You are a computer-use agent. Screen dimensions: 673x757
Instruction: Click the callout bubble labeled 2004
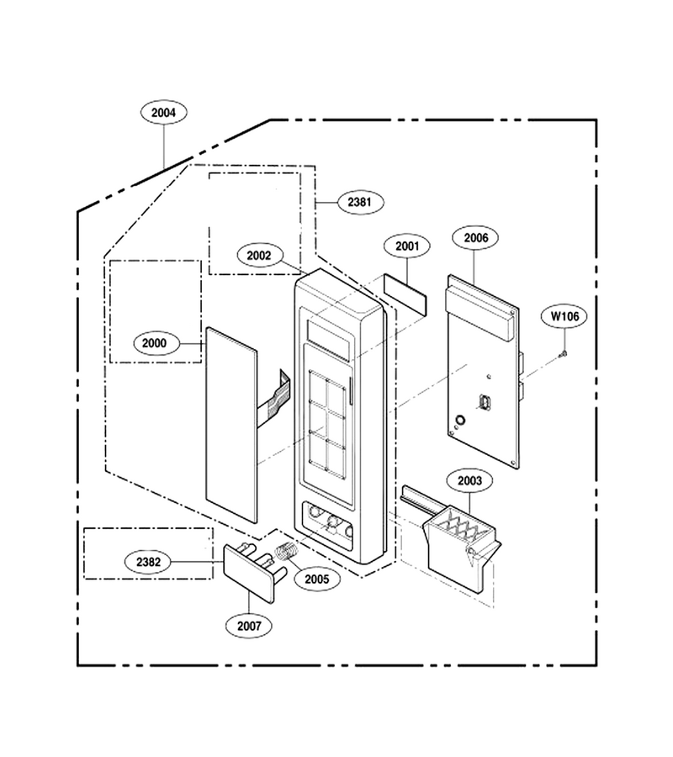pos(164,113)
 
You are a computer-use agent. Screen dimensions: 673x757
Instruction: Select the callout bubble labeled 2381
pos(360,202)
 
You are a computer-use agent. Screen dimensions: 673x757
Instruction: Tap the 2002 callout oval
pos(259,256)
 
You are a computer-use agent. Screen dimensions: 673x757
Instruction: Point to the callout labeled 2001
pos(407,246)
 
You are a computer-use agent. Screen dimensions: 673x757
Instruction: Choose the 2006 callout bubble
pos(476,237)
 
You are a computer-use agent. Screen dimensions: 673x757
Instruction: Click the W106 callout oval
pos(564,317)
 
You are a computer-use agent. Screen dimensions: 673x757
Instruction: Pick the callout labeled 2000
pos(154,343)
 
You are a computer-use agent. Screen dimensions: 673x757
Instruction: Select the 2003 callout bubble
pos(469,481)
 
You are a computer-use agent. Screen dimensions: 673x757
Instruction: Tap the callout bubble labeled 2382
pos(148,562)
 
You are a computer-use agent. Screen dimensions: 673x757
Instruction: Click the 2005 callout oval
pos(316,579)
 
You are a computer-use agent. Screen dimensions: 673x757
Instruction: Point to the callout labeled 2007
pos(249,626)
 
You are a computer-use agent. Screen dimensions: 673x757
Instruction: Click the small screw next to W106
pos(563,355)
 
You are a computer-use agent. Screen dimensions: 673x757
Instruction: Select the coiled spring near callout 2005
pos(287,551)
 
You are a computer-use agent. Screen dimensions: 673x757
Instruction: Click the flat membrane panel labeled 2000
pos(231,425)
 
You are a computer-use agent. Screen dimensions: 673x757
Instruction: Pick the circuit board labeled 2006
pos(483,372)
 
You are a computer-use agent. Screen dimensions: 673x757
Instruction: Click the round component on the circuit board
pos(460,420)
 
